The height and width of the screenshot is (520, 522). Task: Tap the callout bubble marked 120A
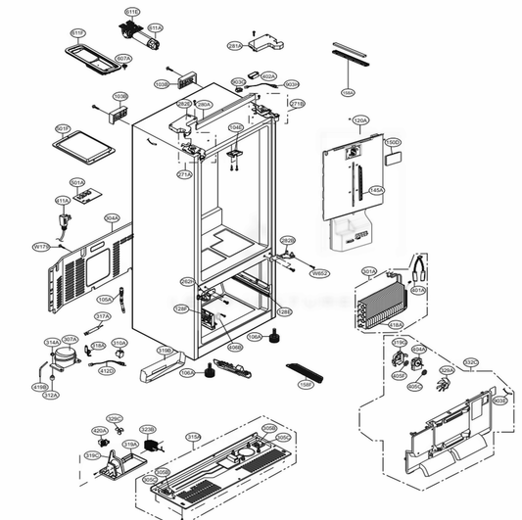[x=359, y=120]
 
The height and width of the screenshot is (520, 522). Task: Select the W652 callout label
[x=319, y=273]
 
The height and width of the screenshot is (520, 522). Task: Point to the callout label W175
[x=41, y=247]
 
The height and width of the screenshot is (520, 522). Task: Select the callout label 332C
[x=471, y=362]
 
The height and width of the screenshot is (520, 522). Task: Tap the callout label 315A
[x=194, y=437]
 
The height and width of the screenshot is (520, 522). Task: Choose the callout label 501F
[x=63, y=128]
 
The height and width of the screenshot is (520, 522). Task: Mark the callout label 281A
[x=235, y=46]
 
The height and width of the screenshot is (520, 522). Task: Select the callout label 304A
[x=112, y=218]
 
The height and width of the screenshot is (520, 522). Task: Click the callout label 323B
[x=148, y=429]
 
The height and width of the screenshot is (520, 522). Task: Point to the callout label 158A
[x=348, y=92]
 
